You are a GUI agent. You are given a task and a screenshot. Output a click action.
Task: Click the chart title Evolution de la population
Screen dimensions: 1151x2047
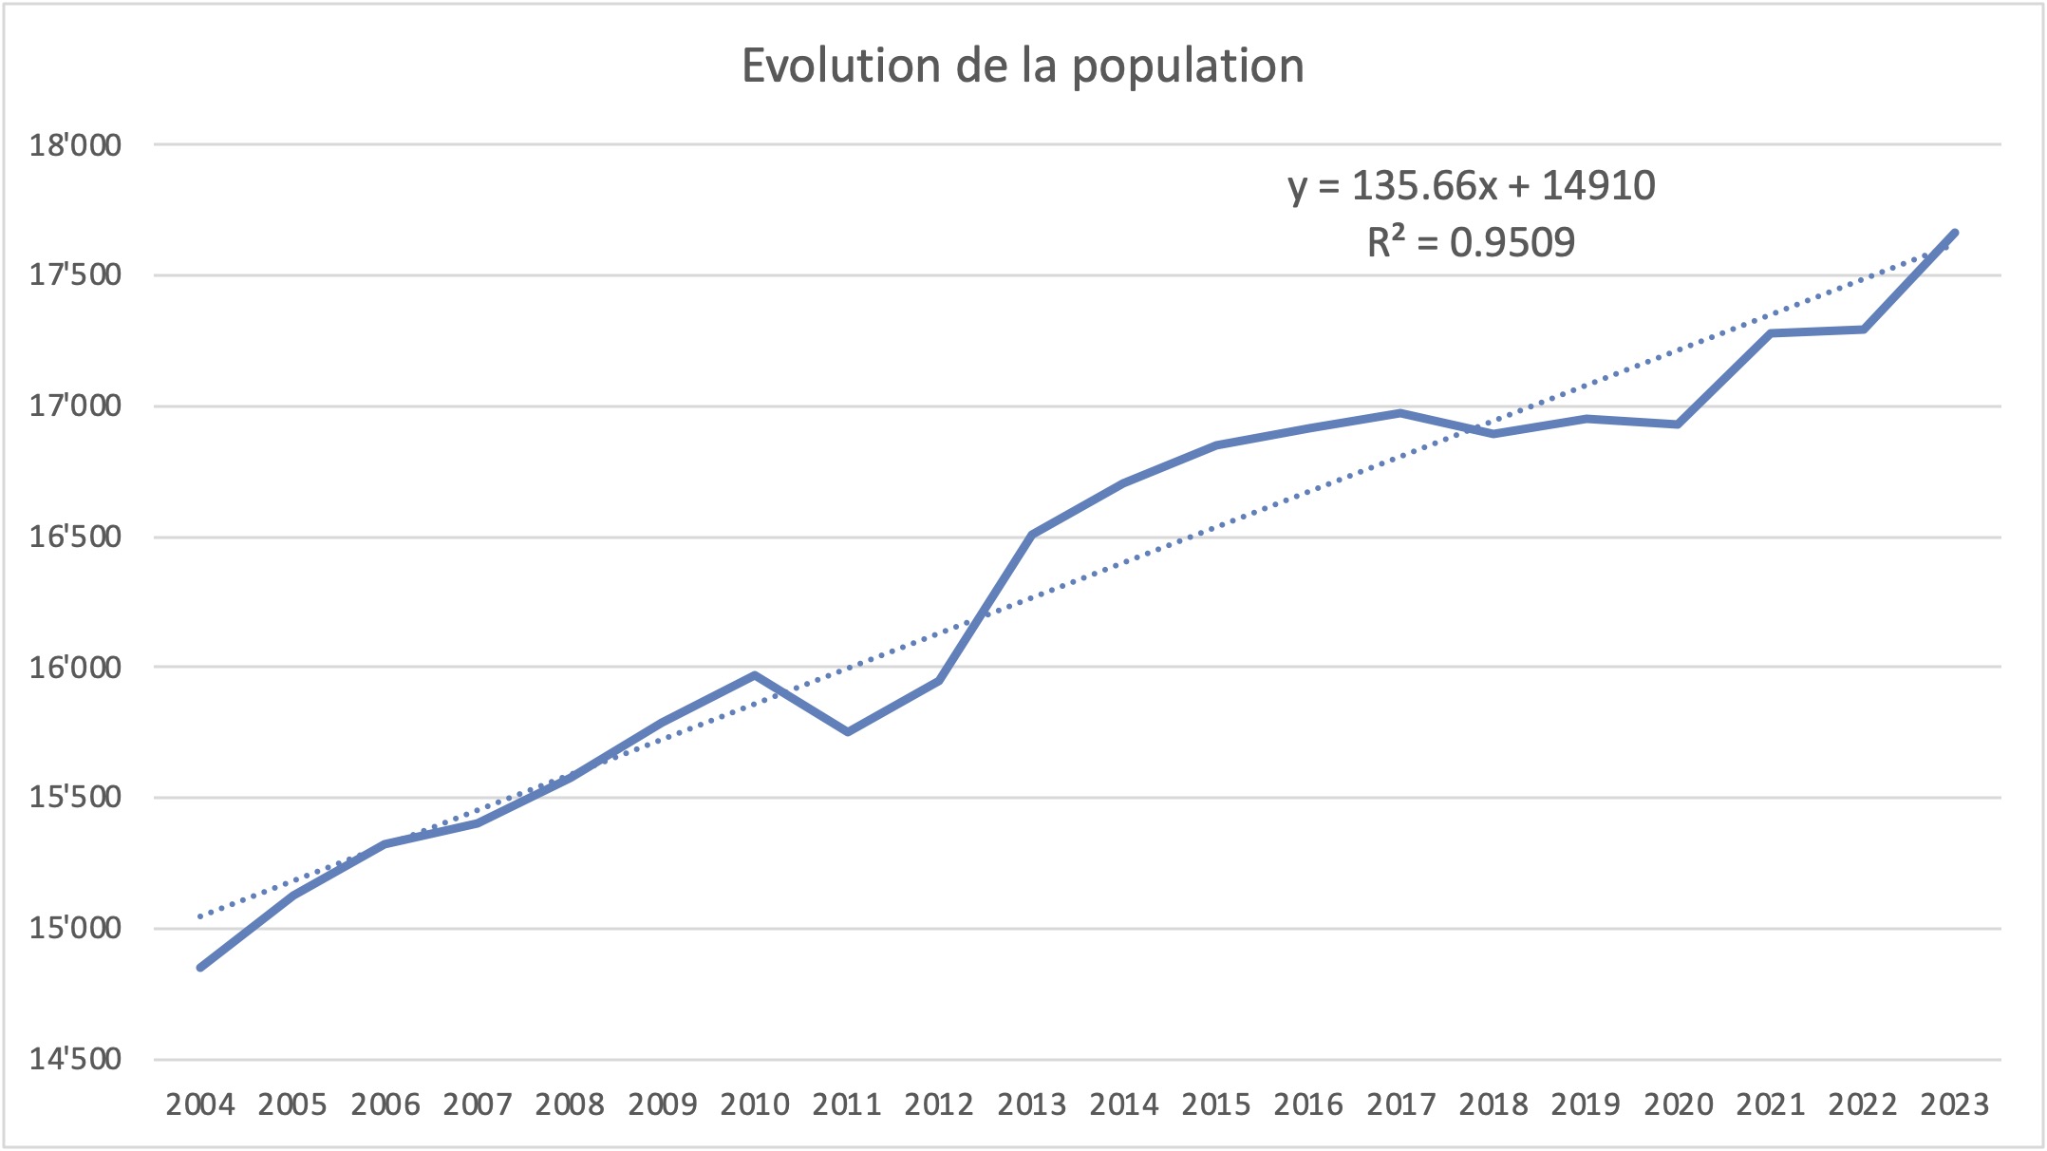tap(1023, 66)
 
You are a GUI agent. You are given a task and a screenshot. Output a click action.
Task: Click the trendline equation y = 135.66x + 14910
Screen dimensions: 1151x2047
tap(1472, 185)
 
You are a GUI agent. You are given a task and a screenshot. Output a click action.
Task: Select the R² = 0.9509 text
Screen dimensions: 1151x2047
tap(1472, 243)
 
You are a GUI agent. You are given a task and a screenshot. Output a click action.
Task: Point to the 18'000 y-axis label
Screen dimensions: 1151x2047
tap(75, 145)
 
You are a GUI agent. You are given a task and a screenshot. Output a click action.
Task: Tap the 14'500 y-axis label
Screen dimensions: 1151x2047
tap(75, 1059)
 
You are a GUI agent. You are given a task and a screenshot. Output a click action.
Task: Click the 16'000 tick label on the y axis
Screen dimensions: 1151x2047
tap(75, 668)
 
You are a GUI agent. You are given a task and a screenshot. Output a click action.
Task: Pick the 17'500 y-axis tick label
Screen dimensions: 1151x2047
tap(75, 275)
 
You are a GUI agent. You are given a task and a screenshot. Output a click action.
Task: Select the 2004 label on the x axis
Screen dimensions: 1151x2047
tap(199, 1104)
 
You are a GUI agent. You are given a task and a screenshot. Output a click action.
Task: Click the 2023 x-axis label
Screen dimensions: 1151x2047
tap(1954, 1104)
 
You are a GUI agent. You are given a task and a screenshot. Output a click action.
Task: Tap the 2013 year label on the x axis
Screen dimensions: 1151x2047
tap(1031, 1104)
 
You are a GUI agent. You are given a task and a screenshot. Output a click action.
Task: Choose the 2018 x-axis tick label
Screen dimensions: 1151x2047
tap(1493, 1104)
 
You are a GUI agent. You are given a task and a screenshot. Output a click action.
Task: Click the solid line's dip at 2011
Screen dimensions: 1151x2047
tap(847, 732)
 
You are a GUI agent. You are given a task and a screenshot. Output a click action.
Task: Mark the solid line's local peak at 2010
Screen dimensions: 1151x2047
tap(755, 675)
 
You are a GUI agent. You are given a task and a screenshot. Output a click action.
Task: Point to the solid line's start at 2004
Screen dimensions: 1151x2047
tap(200, 967)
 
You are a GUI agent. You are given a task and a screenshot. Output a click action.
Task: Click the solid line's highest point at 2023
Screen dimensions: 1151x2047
tap(1955, 233)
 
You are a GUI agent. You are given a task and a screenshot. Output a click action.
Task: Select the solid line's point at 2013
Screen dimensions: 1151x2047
tap(1032, 534)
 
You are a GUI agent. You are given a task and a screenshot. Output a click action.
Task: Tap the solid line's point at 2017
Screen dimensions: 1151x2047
tap(1400, 412)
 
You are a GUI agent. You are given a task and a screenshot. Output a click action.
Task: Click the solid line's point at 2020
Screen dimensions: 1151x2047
tap(1678, 424)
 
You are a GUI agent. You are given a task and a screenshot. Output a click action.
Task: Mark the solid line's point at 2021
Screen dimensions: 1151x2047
tap(1771, 333)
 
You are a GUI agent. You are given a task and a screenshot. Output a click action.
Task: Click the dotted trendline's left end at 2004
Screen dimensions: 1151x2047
tap(200, 916)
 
